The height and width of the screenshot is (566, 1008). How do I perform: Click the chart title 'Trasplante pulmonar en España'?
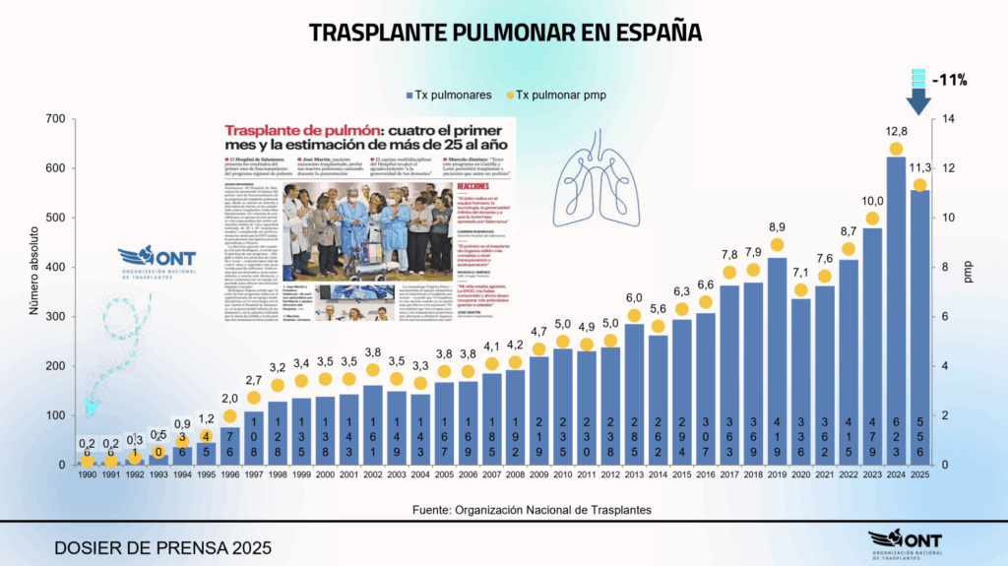pyautogui.click(x=504, y=31)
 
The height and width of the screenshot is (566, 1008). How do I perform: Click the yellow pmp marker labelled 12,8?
pyautogui.click(x=896, y=150)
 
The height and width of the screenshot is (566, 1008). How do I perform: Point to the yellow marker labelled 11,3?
pyautogui.click(x=919, y=185)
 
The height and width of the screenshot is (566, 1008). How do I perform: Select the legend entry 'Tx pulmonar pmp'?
pyautogui.click(x=552, y=94)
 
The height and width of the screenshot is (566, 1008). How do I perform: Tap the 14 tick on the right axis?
pyautogui.click(x=950, y=119)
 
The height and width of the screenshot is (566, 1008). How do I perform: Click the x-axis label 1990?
pyautogui.click(x=87, y=476)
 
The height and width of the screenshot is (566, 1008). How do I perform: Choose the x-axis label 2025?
pyautogui.click(x=919, y=476)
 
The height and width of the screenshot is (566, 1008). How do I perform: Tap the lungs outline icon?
pyautogui.click(x=617, y=178)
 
